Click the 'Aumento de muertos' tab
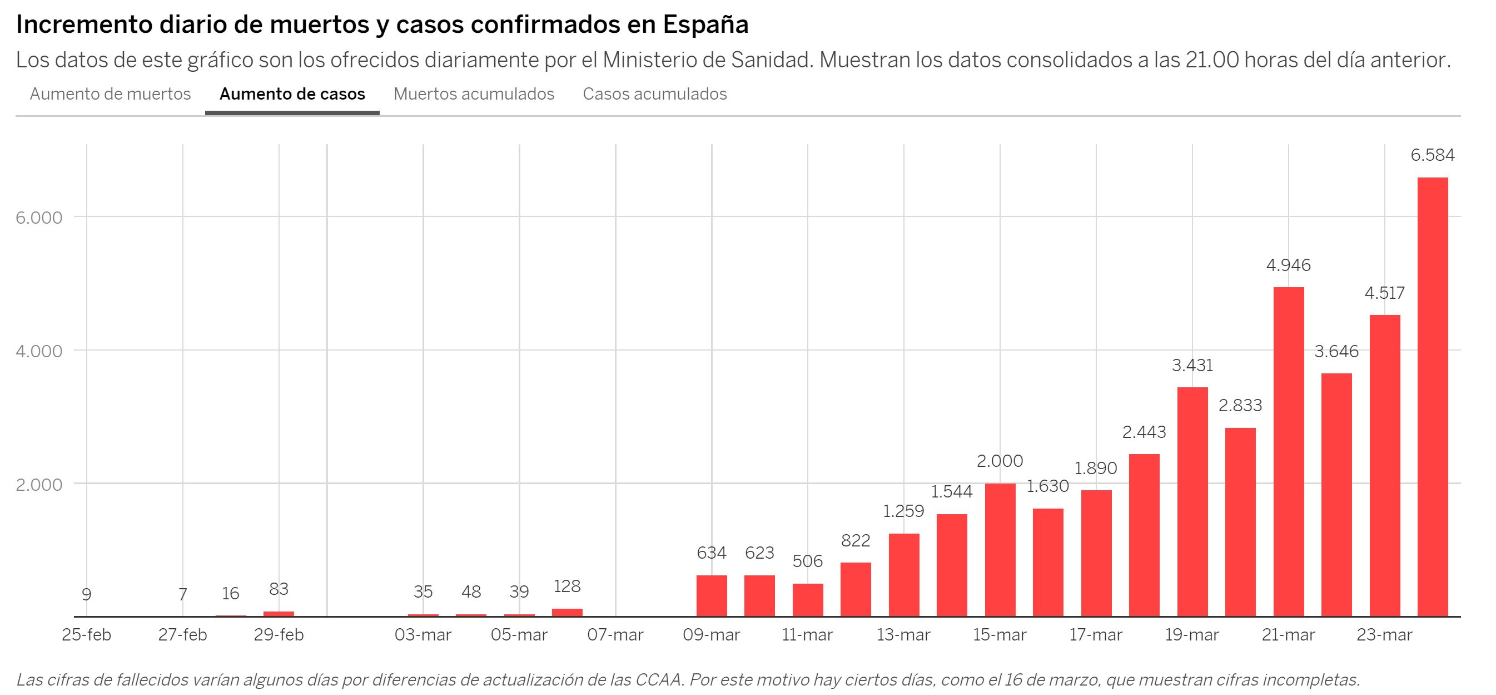(110, 94)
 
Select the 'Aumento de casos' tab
(292, 94)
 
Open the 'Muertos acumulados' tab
(474, 94)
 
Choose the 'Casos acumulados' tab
(654, 94)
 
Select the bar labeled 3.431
(1192, 501)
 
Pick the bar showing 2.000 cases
(1000, 550)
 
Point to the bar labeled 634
(712, 595)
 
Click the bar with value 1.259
(904, 575)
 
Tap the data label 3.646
(1336, 352)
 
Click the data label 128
(567, 586)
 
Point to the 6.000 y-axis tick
(39, 218)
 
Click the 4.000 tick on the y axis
(39, 352)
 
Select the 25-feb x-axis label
(87, 635)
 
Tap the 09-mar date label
(712, 635)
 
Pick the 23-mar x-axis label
(1384, 635)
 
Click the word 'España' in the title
(705, 24)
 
